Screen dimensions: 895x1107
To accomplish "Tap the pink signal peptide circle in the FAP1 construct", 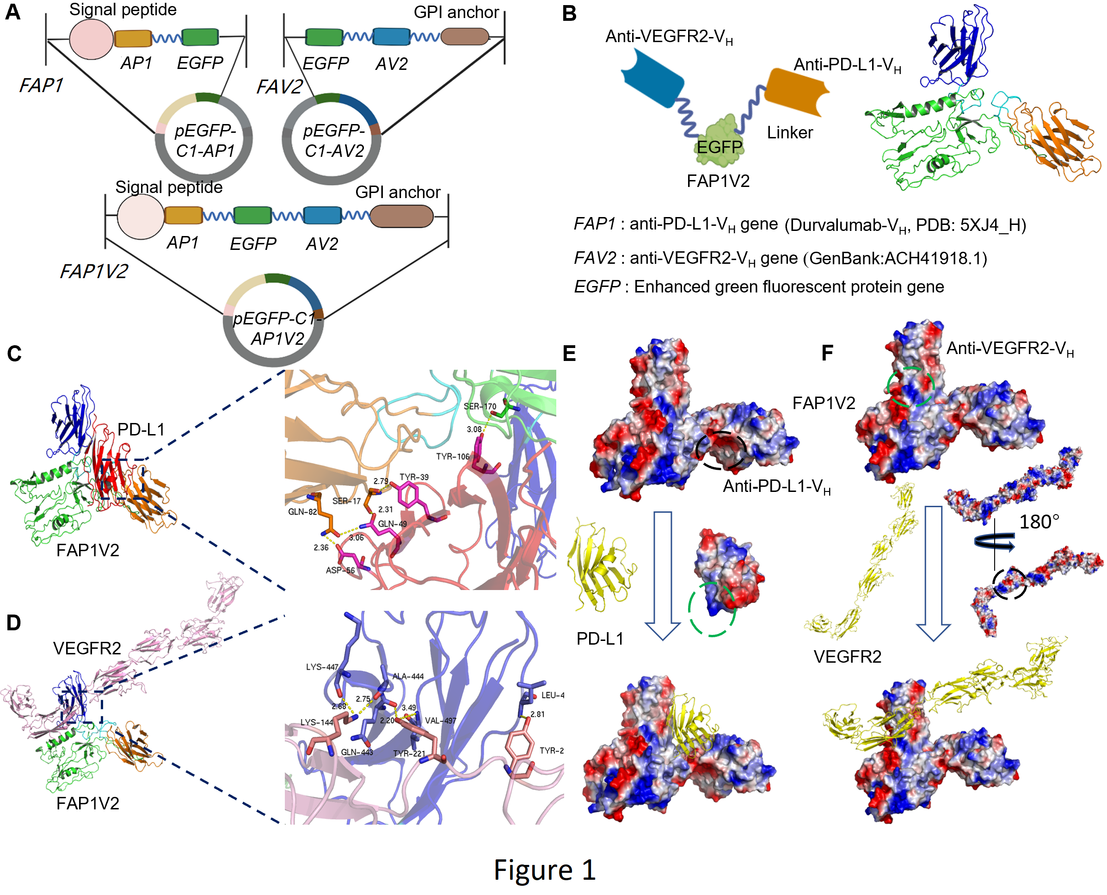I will pos(91,39).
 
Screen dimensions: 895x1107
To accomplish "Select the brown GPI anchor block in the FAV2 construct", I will pos(465,37).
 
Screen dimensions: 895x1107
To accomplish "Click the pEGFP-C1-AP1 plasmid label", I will pos(205,140).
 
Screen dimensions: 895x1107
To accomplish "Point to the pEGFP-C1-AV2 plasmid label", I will pos(333,140).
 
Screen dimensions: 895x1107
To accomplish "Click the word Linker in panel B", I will pos(789,132).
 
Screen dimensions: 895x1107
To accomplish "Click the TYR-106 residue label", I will pos(452,457).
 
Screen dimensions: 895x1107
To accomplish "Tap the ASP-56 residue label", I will pos(340,570).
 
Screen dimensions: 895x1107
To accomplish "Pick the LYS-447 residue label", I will pos(322,666).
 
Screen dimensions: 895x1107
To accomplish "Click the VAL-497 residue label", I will pos(440,720).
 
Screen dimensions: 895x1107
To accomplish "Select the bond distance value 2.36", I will pos(321,547).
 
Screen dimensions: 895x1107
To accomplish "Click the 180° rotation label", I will pos(1039,522).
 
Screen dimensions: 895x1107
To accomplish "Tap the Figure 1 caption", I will pos(545,870).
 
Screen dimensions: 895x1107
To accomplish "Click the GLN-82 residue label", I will pos(302,512).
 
